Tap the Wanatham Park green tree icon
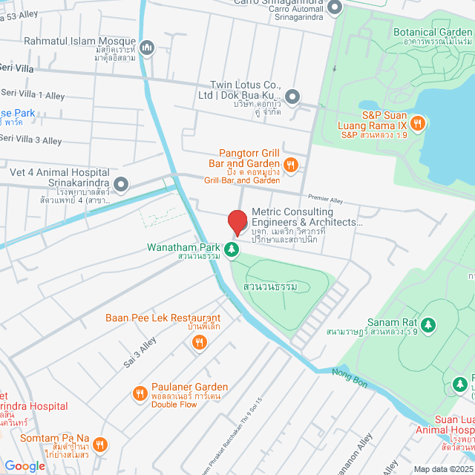[x=233, y=249]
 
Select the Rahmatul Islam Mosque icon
[x=147, y=48]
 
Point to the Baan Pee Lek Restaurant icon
[x=198, y=341]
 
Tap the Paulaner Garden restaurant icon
[x=139, y=393]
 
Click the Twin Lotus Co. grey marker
[x=292, y=96]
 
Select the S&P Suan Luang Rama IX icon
[x=417, y=123]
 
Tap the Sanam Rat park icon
[x=427, y=324]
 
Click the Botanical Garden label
[x=433, y=33]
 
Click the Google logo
[x=24, y=465]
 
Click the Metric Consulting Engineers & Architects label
[x=307, y=217]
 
